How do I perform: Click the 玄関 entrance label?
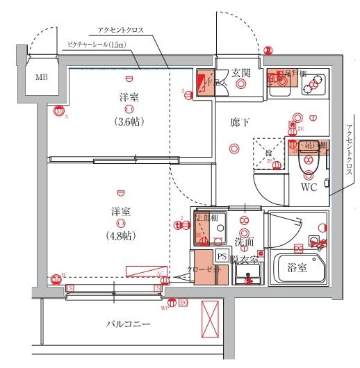pos(241,72)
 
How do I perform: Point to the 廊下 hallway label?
pos(240,122)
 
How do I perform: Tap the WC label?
pos(309,187)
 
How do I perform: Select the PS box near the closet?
pos(222,256)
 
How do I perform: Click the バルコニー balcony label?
pos(129,324)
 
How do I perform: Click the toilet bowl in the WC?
pos(306,162)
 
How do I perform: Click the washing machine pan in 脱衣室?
pos(247,274)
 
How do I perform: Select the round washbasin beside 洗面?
pos(245,230)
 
